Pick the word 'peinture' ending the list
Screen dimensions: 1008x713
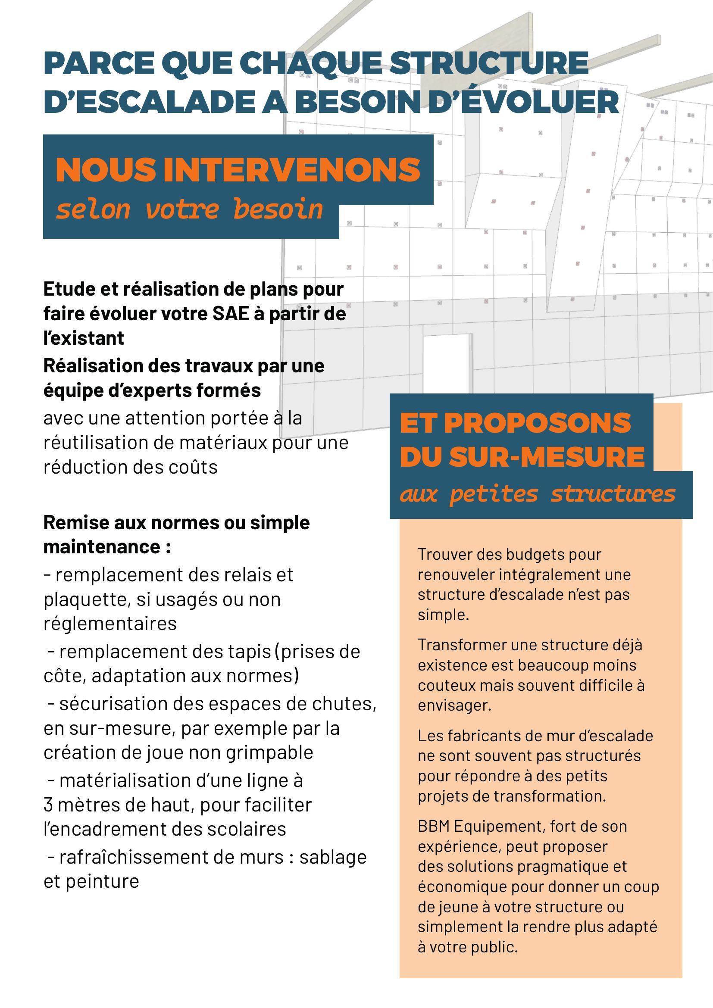[102, 881]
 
